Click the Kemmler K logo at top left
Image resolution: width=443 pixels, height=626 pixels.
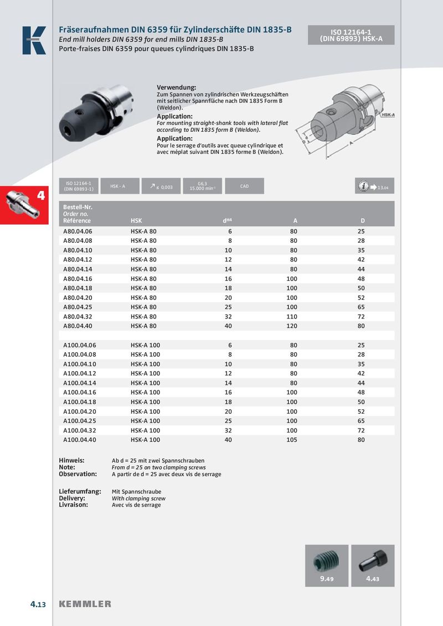click(34, 40)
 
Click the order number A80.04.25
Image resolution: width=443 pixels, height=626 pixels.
click(78, 307)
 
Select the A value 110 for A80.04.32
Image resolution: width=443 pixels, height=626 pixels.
click(293, 316)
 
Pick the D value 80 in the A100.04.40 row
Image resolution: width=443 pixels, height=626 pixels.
click(361, 440)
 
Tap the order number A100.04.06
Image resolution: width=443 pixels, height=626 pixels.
click(80, 345)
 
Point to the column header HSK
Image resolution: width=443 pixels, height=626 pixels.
click(136, 221)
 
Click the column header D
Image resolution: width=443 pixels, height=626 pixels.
click(363, 221)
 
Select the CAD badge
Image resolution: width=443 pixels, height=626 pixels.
click(244, 186)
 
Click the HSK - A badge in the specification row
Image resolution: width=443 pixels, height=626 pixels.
click(117, 186)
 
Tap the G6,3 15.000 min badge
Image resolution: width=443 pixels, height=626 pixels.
click(202, 186)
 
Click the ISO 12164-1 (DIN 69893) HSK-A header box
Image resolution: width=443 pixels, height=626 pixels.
click(351, 35)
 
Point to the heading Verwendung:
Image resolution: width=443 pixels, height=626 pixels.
click(177, 88)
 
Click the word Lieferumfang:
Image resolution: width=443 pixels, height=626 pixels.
click(80, 491)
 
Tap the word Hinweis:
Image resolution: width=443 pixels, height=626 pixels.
click(71, 460)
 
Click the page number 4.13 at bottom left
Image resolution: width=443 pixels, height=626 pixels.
click(38, 604)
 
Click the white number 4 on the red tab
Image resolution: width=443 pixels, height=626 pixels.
click(40, 195)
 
